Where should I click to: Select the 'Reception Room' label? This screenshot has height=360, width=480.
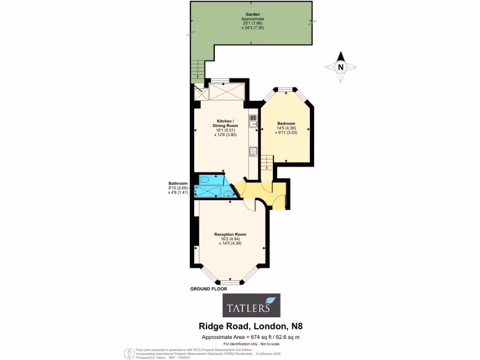[x=230, y=234]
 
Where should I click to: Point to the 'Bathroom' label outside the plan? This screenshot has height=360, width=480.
[x=178, y=183]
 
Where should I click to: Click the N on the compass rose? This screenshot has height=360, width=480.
[x=341, y=67]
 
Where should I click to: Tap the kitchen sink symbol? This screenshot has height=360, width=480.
[x=253, y=121]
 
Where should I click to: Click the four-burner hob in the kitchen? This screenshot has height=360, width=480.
[x=253, y=151]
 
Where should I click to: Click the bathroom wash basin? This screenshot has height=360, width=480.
[x=228, y=193]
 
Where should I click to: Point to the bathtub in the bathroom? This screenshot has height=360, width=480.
[x=206, y=191]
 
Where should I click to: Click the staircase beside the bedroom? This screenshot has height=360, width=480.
[x=266, y=164]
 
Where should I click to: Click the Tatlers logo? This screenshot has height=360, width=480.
[x=251, y=306]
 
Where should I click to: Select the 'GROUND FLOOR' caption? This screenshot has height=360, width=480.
[x=209, y=289]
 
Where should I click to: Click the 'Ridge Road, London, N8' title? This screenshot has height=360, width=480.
[x=251, y=326]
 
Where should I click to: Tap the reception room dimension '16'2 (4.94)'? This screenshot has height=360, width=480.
[x=230, y=239]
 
